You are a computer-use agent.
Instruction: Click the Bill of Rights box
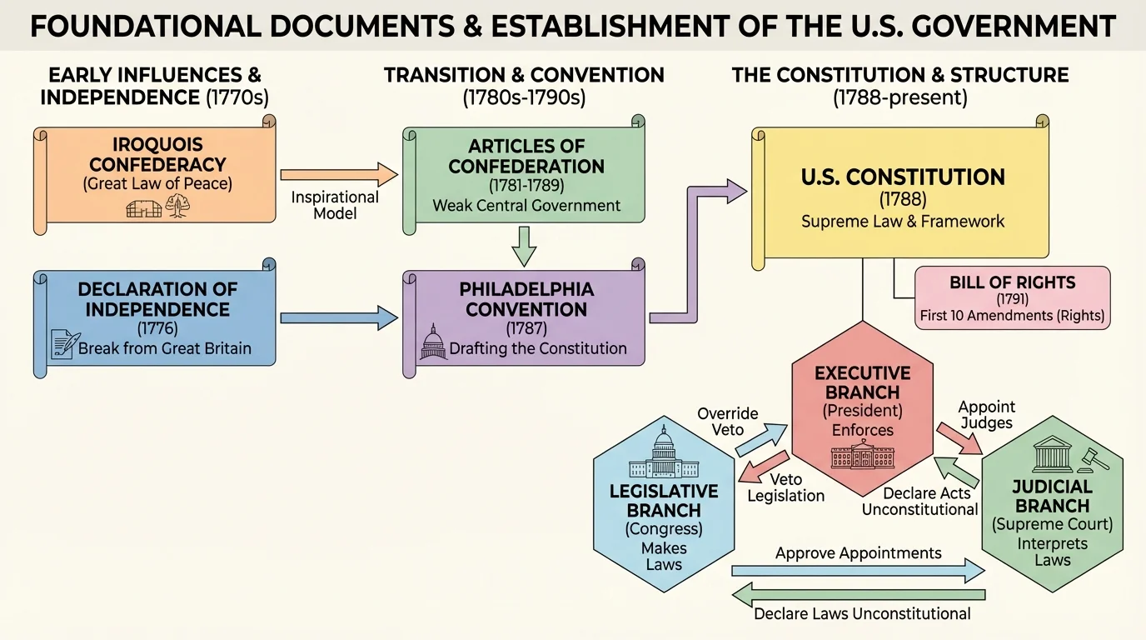pyautogui.click(x=1012, y=296)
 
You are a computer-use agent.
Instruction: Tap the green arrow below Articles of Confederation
pyautogui.click(x=525, y=245)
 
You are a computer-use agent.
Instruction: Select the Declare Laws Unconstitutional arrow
pyautogui.click(x=858, y=595)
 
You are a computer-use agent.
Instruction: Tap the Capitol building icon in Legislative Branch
pyautogui.click(x=664, y=455)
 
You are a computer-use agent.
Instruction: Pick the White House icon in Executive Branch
pyautogui.click(x=862, y=455)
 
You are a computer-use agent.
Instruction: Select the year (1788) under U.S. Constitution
pyautogui.click(x=903, y=200)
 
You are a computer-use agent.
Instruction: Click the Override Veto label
pyautogui.click(x=728, y=422)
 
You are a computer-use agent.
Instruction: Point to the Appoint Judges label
pyautogui.click(x=987, y=414)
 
